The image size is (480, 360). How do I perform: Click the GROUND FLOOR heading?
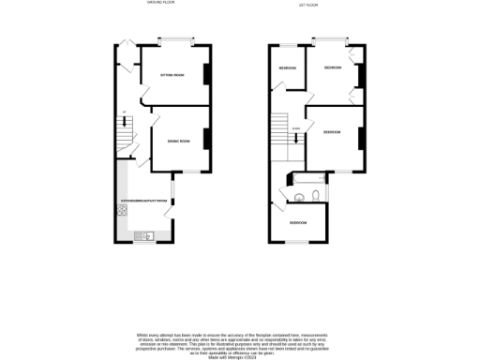click(x=162, y=4)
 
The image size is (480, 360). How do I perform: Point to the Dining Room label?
click(x=178, y=141)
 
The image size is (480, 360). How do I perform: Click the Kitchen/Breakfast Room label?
click(x=143, y=201)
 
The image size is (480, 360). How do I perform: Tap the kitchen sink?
click(x=145, y=234)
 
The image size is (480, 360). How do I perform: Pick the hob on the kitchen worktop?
click(x=123, y=211)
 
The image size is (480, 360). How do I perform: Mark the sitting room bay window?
click(x=176, y=40)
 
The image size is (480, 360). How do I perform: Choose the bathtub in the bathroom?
click(x=308, y=178)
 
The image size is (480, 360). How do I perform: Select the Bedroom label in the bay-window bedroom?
click(x=332, y=68)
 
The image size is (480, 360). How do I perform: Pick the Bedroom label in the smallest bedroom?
click(x=286, y=68)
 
